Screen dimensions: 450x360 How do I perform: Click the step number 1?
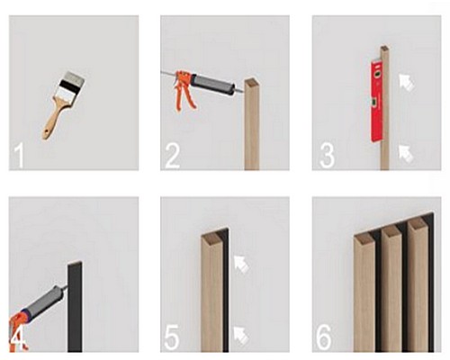20,156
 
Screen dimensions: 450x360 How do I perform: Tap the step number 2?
172,156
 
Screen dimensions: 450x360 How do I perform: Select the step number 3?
327,156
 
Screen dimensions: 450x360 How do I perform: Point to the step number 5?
172,337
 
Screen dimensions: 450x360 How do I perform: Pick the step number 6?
324,337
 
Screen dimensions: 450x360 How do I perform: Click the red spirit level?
376,101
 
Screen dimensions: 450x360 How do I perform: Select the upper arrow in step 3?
407,82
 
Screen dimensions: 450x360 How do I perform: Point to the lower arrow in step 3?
406,153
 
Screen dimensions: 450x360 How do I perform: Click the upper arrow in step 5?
242,264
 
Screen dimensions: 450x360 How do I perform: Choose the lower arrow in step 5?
241,336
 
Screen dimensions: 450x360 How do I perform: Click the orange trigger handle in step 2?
184,90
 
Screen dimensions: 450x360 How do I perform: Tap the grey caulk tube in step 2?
212,84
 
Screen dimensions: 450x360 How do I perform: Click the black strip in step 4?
75,307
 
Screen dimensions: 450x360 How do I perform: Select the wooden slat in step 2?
252,124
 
